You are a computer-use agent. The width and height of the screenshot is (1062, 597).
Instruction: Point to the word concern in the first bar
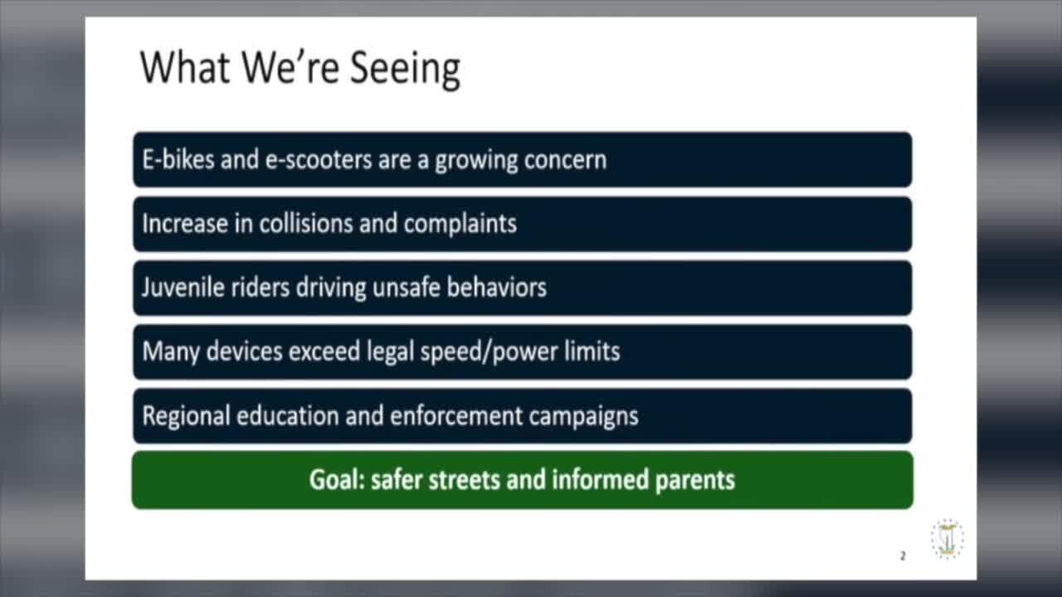tap(564, 159)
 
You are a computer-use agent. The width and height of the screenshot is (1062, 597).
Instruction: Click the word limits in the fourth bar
tap(592, 351)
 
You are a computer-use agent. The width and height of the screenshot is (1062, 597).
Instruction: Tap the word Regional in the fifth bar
tap(187, 415)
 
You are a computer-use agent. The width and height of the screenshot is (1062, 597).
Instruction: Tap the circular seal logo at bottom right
tap(947, 539)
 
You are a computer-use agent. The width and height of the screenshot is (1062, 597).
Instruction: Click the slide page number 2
tap(903, 556)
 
